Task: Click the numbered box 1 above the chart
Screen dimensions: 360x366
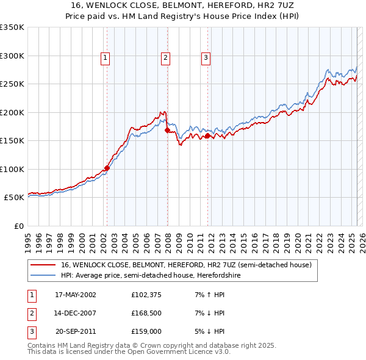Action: pos(106,58)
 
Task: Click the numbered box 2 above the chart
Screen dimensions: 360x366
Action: pos(165,58)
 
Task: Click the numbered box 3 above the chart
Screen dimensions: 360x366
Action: pos(206,58)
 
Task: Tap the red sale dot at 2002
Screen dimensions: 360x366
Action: pos(107,168)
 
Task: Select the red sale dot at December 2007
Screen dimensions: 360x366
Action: pos(167,130)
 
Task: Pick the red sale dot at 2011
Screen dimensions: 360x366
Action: pos(207,135)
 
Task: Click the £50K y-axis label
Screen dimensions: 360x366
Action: pos(13,198)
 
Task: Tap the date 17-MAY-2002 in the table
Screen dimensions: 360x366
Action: pos(76,295)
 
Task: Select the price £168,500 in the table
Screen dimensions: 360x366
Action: pos(146,313)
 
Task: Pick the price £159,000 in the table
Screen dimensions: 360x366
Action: pos(146,331)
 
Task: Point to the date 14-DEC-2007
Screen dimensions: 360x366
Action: pos(76,313)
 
